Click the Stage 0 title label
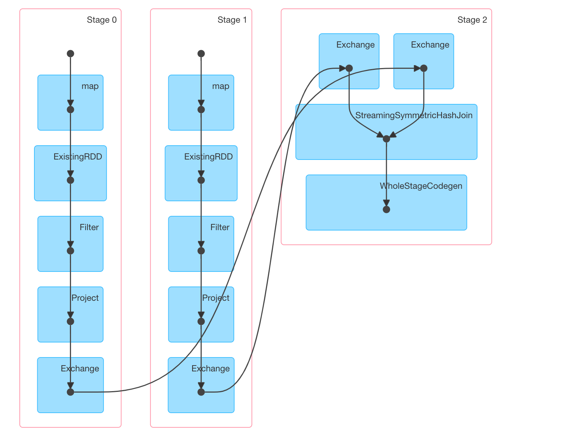click(102, 20)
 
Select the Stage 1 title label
click(232, 20)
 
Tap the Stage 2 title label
click(472, 20)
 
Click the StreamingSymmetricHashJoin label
click(414, 116)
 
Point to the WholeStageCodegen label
click(421, 186)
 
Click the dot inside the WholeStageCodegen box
click(386, 210)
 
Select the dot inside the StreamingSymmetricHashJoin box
click(386, 139)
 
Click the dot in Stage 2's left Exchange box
click(349, 68)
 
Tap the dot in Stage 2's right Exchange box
click(424, 68)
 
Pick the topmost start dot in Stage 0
click(71, 54)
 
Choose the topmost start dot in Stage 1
click(201, 54)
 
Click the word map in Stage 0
click(90, 86)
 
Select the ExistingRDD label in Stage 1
click(209, 157)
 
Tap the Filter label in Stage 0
click(89, 228)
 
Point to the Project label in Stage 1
click(216, 298)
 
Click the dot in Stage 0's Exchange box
click(71, 392)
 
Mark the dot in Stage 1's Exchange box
click(201, 392)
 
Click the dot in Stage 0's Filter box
click(71, 251)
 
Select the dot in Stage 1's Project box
click(201, 322)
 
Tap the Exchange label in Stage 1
click(211, 369)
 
